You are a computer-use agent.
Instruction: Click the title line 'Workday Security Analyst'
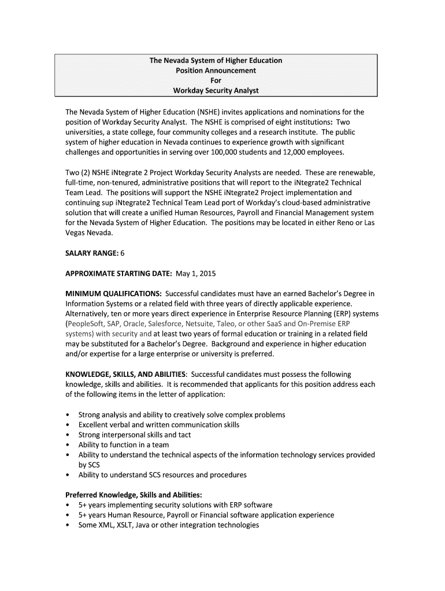point(216,91)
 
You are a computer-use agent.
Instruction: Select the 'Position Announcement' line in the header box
point(216,70)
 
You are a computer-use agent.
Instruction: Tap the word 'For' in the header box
point(216,81)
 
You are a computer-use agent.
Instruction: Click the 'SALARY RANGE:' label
point(92,253)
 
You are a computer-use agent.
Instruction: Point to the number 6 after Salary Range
point(123,253)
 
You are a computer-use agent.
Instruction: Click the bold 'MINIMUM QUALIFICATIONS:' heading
point(113,294)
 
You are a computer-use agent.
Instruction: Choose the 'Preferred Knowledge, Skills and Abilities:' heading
point(133,495)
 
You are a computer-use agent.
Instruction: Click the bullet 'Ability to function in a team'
point(124,445)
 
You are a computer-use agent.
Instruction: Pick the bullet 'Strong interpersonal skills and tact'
point(135,435)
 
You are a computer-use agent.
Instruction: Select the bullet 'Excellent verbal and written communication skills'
point(159,425)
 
